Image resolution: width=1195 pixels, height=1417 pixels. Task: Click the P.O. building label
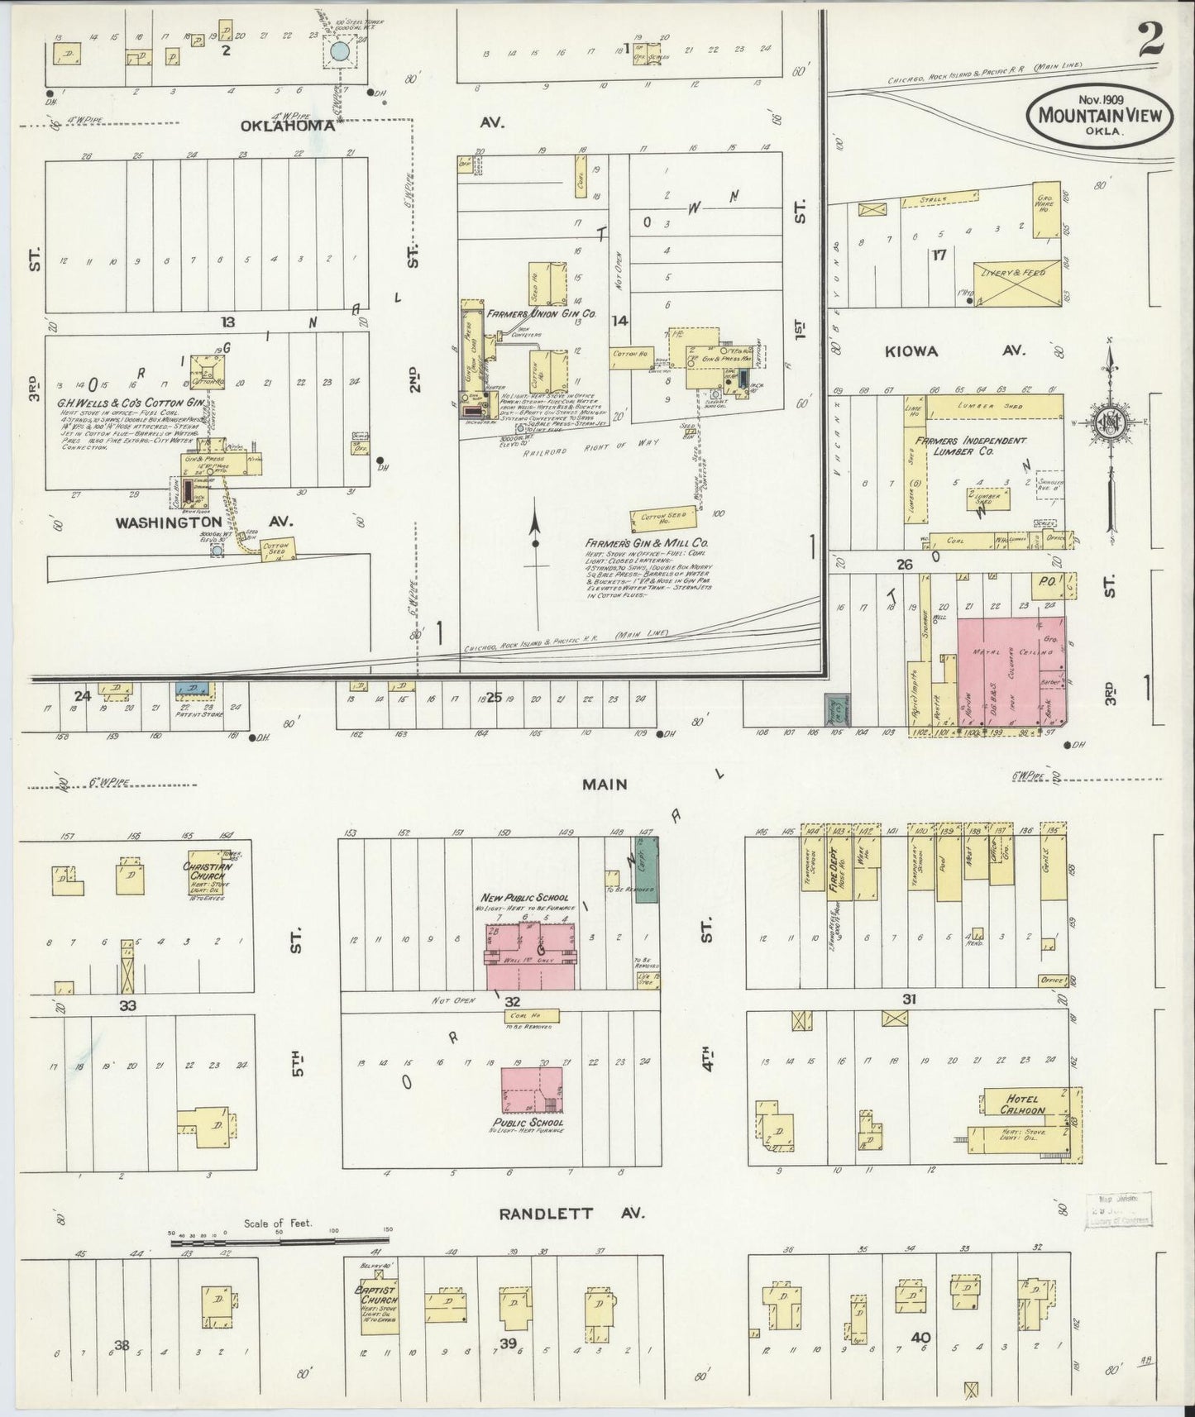click(x=1044, y=582)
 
